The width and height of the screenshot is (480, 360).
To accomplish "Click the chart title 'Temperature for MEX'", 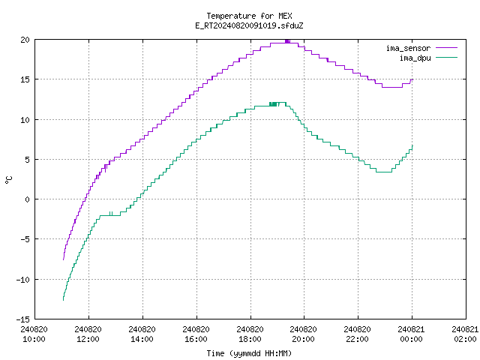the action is coord(249,16).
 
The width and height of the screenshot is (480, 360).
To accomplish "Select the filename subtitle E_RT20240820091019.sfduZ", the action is coord(249,25).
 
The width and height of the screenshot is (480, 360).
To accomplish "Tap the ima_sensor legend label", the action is coord(408,48).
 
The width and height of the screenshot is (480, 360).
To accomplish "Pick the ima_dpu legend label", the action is coord(415,58).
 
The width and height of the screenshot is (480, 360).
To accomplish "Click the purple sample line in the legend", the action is coord(447,48).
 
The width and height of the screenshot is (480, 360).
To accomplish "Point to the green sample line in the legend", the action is coord(447,57).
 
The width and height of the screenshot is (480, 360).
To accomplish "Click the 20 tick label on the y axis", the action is coord(25,40).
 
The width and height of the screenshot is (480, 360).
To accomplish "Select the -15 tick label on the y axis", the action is coord(23,319).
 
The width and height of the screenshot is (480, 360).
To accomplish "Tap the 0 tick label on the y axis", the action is coord(28,199).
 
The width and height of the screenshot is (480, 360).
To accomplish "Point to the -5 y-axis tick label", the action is coord(23,239).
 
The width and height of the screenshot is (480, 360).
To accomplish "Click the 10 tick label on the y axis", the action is coord(25,120).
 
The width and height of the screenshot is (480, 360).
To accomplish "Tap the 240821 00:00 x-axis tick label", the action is coord(411,334).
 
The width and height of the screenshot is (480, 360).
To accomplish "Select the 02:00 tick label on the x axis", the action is coord(465,339).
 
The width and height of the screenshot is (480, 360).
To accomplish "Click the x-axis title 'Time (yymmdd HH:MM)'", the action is coord(249,353).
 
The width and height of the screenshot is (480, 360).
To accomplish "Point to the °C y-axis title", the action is coord(8,180).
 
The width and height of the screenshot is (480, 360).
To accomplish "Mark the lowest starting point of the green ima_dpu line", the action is coord(63,300).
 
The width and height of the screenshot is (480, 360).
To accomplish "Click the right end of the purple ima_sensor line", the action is coord(412,79).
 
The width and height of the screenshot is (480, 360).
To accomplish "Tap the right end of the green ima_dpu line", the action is coord(412,145).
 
